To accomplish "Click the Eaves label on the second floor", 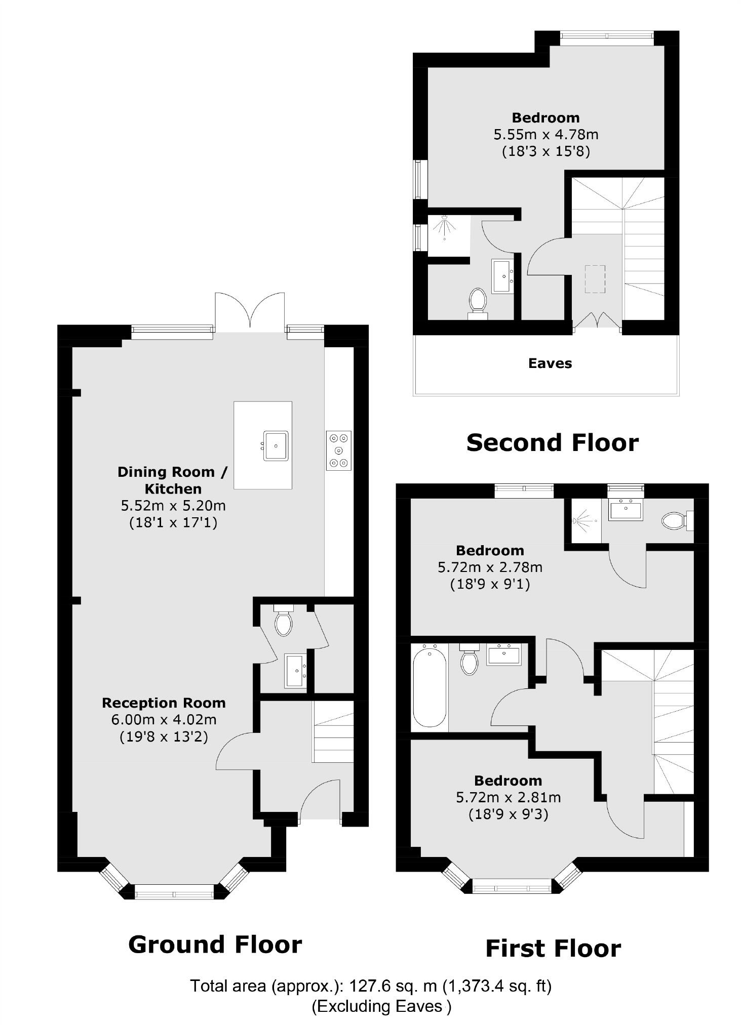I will pyautogui.click(x=550, y=363).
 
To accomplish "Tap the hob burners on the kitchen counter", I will pyautogui.click(x=338, y=450).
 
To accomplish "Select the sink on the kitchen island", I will pyautogui.click(x=276, y=445).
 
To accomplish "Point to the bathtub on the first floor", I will pyautogui.click(x=430, y=687).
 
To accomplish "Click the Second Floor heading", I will pyautogui.click(x=552, y=442).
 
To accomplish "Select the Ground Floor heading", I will pyautogui.click(x=215, y=945).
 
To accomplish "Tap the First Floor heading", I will pyautogui.click(x=553, y=949).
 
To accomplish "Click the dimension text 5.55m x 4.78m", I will pyautogui.click(x=545, y=135).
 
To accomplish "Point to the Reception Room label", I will pyautogui.click(x=164, y=703).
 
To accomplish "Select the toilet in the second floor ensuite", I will pyautogui.click(x=478, y=302).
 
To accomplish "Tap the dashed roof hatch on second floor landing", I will pyautogui.click(x=595, y=279).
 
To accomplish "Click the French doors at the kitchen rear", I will pyautogui.click(x=250, y=312).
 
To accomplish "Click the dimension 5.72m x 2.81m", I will pyautogui.click(x=508, y=798).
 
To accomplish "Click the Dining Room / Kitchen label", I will pyautogui.click(x=173, y=480).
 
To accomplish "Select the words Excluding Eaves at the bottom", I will pyautogui.click(x=380, y=1006).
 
